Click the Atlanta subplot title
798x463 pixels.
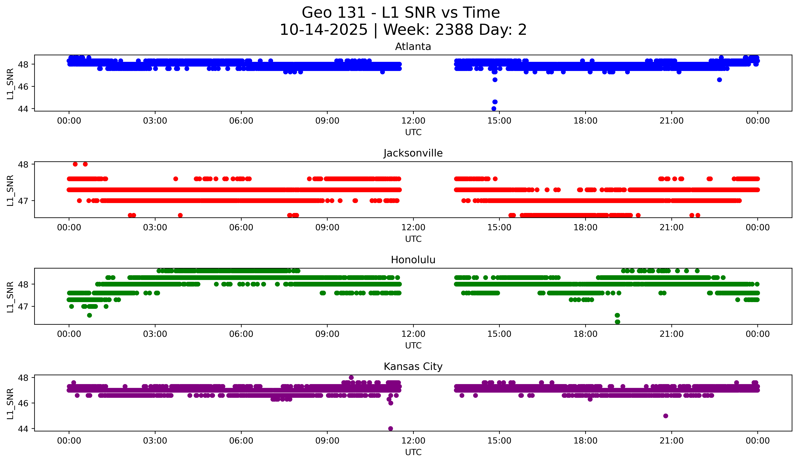tap(413, 47)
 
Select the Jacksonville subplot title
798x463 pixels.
tap(413, 153)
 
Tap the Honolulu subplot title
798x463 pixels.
tap(413, 260)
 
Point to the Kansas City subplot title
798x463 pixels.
tap(413, 367)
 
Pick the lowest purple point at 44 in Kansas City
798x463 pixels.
tap(391, 429)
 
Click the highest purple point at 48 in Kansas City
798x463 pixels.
tap(351, 378)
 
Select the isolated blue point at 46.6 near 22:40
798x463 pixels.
tap(719, 80)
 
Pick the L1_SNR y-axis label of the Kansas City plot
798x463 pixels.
tap(10, 404)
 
